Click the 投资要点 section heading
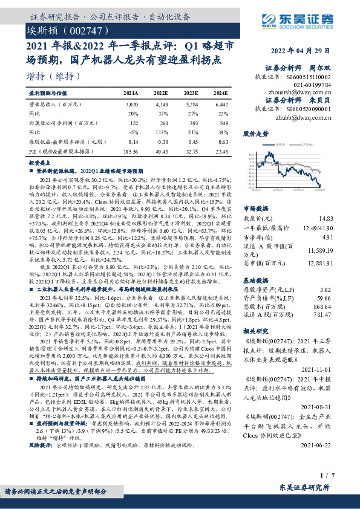click(39, 163)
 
